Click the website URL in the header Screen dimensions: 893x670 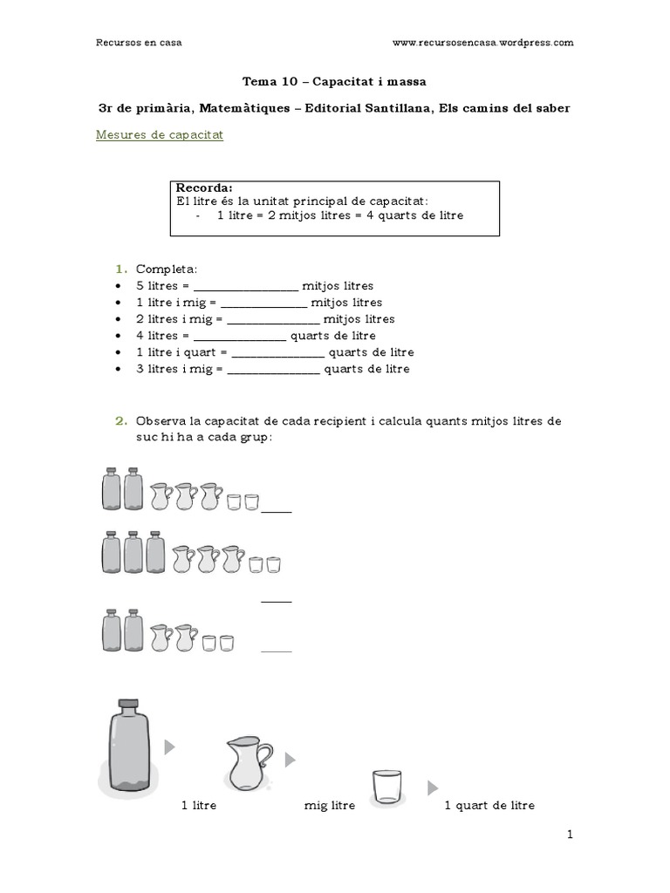pos(483,41)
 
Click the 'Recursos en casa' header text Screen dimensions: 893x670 pos(139,41)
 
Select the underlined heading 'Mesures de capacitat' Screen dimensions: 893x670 pos(159,135)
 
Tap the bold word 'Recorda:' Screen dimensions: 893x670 pos(204,188)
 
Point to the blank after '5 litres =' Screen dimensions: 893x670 pos(245,287)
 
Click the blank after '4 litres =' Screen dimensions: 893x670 pos(239,337)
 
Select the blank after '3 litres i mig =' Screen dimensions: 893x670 pos(273,370)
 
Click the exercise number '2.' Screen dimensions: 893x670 pos(121,421)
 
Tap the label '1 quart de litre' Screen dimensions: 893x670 pos(489,806)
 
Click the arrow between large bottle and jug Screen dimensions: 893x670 pos(170,746)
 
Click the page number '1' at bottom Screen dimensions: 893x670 pos(570,835)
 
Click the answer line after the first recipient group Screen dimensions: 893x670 pos(277,512)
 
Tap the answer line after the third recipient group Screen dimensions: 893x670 pos(277,650)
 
